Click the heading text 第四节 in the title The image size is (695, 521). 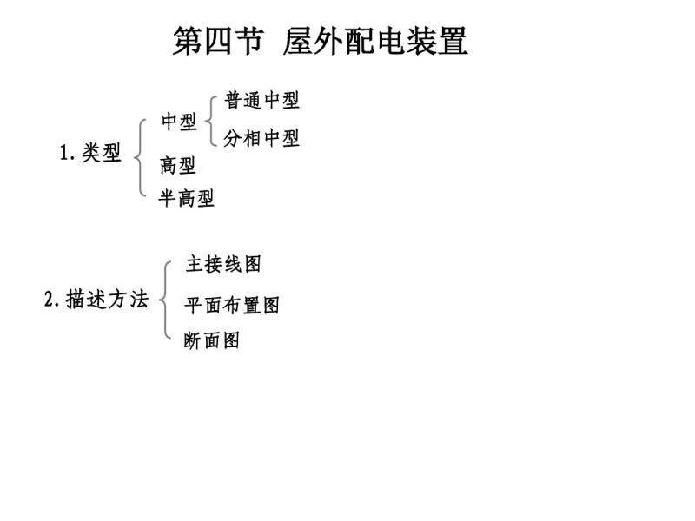[x=218, y=41]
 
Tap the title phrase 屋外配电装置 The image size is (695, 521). [x=375, y=41]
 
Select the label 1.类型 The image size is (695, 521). [x=90, y=153]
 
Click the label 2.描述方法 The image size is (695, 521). [x=96, y=299]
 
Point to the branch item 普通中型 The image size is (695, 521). [x=262, y=100]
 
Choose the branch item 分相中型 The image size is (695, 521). [x=261, y=138]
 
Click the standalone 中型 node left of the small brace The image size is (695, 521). [x=179, y=122]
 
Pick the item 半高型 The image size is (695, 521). [x=187, y=198]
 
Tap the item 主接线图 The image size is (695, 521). [x=223, y=264]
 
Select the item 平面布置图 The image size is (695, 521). [x=232, y=306]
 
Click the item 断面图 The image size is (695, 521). [x=212, y=340]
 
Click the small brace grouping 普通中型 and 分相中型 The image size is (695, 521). [x=209, y=121]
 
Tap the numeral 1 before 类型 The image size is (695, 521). [x=63, y=153]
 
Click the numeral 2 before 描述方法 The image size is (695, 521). [x=49, y=299]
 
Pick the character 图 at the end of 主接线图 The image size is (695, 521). [x=253, y=264]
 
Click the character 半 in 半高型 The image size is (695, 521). [x=168, y=198]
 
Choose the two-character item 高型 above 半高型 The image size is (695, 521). [x=178, y=165]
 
